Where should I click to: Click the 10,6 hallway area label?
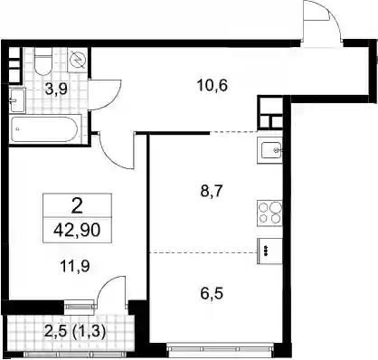coord(213,86)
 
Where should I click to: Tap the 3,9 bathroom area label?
coord(56,89)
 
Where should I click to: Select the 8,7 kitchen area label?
coord(212,191)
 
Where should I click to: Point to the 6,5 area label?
coord(212,293)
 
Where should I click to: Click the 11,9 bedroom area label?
coord(75,266)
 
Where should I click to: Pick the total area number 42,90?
coord(77,231)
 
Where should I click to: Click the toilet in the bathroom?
coord(43,62)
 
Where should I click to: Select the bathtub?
coord(45,129)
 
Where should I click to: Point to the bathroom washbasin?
coord(17,99)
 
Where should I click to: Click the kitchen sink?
coord(269,150)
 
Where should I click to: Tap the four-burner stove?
coord(269,213)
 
